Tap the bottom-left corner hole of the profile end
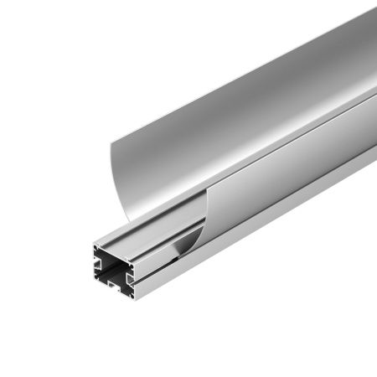(98, 292)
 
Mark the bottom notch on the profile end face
(115, 294)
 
